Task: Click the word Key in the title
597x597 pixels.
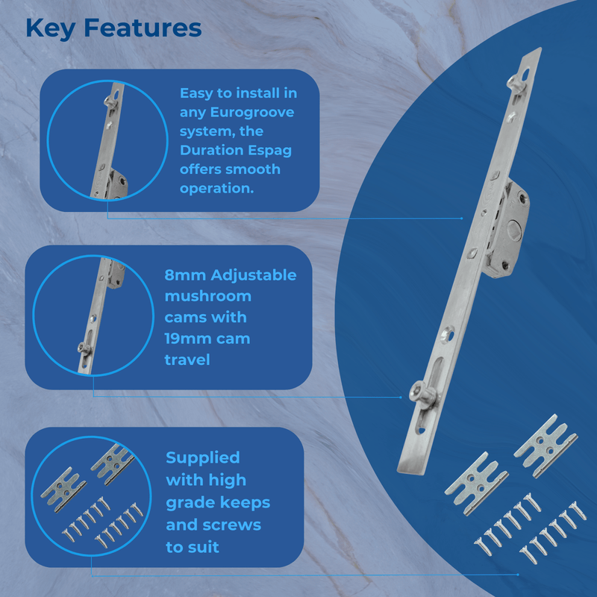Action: pos(50,28)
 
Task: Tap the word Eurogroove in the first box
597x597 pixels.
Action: pos(237,113)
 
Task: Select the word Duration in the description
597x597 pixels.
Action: pos(210,151)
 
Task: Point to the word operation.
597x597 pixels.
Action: pos(216,188)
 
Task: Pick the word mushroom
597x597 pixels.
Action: pos(207,296)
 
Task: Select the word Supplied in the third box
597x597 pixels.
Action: pos(202,457)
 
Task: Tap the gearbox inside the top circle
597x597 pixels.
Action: pos(116,184)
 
